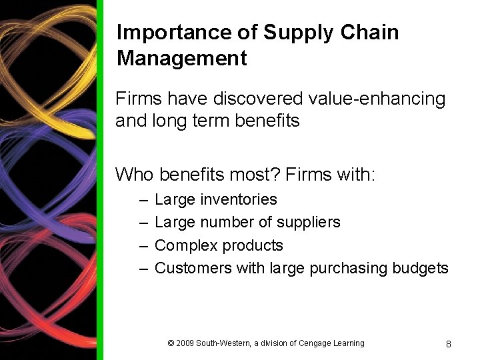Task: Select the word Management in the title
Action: [x=182, y=58]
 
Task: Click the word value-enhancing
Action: [x=377, y=99]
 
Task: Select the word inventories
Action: [x=239, y=199]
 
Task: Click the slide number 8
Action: [x=449, y=344]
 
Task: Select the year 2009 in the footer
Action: [x=185, y=343]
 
